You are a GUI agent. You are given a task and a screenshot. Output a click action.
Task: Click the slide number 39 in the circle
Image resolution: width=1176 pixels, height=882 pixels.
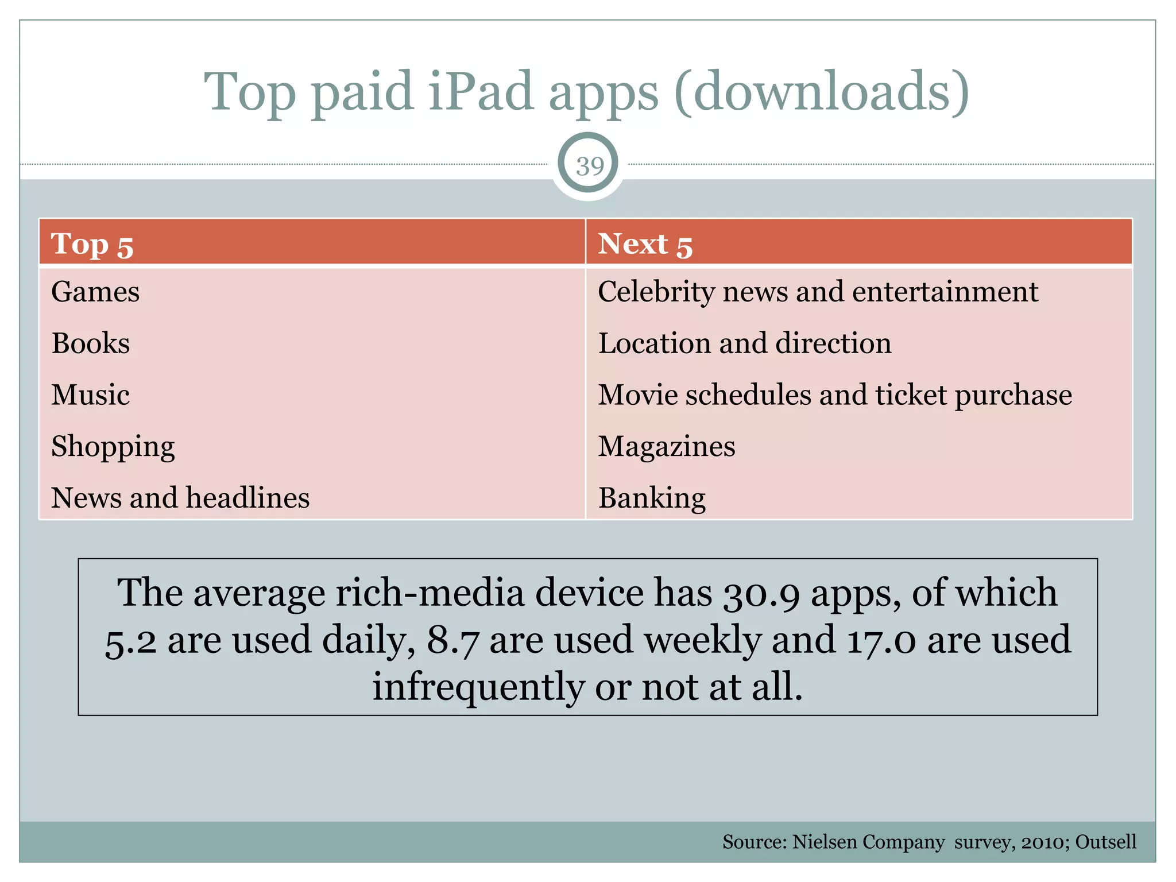tap(589, 166)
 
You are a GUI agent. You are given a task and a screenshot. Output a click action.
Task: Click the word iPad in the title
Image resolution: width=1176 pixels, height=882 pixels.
tap(481, 92)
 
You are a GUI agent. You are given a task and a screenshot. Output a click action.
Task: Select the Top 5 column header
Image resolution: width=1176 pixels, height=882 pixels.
tap(92, 244)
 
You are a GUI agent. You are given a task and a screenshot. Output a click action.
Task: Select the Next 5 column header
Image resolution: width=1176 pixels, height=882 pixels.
tap(645, 244)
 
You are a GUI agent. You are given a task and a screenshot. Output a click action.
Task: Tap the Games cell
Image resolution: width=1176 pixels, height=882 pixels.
tap(95, 292)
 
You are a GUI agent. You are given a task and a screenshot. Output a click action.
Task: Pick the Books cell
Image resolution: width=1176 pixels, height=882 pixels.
tap(91, 343)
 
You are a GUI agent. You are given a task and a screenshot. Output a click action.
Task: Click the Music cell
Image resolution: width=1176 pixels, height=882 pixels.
tap(91, 395)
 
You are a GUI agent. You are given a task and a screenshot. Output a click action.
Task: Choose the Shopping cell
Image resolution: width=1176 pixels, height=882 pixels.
tap(113, 447)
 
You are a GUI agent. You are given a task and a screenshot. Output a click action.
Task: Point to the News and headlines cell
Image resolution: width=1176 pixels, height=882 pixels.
tap(180, 498)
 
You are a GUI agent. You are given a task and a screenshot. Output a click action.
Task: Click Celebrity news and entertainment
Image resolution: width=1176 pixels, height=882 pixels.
tap(818, 292)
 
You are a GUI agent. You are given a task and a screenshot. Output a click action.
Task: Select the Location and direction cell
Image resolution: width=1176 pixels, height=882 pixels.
tap(745, 343)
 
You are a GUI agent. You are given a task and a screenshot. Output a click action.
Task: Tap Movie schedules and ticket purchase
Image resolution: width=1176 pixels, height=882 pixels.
tap(835, 395)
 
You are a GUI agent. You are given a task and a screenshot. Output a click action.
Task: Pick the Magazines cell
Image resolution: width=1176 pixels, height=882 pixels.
tap(666, 447)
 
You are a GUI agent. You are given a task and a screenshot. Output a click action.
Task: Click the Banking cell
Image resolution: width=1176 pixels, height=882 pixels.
tap(652, 498)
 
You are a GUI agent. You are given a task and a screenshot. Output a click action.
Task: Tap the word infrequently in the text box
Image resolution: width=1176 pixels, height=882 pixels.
tap(478, 687)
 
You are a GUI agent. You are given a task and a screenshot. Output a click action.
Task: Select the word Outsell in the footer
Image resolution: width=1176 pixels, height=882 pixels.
tap(1105, 842)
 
